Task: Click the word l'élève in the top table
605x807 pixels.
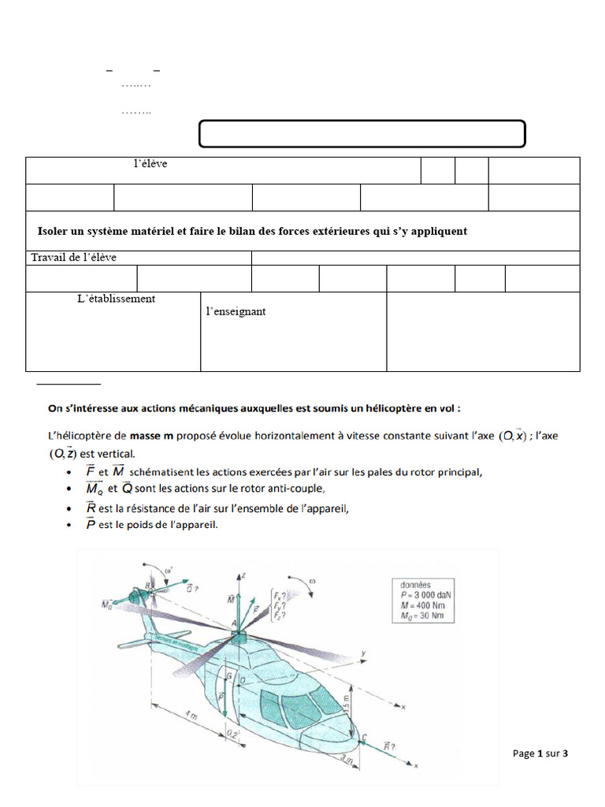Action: [150, 164]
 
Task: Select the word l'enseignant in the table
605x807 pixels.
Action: [236, 311]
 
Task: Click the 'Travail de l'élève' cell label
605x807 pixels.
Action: [73, 258]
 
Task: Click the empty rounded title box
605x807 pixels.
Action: [362, 134]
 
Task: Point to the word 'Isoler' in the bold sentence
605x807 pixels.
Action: [54, 231]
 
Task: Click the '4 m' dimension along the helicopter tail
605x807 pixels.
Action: [191, 719]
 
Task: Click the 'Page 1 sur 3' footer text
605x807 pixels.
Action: [540, 753]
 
